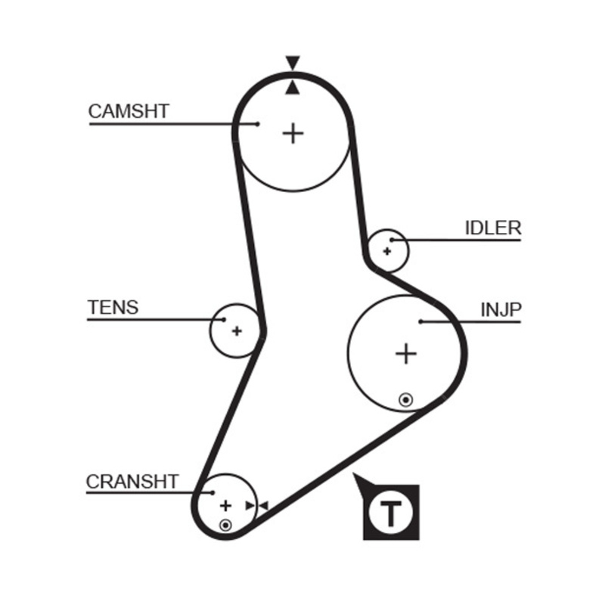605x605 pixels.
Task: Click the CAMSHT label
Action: [x=129, y=111]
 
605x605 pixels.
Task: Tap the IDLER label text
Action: [x=492, y=228]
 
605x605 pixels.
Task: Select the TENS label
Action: [x=113, y=307]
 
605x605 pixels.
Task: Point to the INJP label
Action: [x=501, y=309]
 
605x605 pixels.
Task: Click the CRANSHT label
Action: [x=132, y=481]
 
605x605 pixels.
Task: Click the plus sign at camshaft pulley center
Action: [x=293, y=134]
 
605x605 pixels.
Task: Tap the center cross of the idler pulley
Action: [x=387, y=250]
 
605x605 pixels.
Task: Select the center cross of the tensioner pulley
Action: [x=237, y=330]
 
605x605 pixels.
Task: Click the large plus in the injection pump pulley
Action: [x=406, y=353]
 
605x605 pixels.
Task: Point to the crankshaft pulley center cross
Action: [x=225, y=505]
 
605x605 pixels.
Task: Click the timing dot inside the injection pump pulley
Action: [x=406, y=399]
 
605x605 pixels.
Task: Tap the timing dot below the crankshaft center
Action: [x=225, y=524]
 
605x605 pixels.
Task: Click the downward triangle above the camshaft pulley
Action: [x=293, y=62]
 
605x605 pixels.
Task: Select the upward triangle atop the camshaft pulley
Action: [x=293, y=88]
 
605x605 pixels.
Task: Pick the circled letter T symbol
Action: [x=390, y=512]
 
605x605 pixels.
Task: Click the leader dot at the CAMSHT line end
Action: [x=257, y=123]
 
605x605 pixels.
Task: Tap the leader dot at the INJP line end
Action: [x=420, y=322]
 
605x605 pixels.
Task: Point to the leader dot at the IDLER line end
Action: [x=392, y=240]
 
